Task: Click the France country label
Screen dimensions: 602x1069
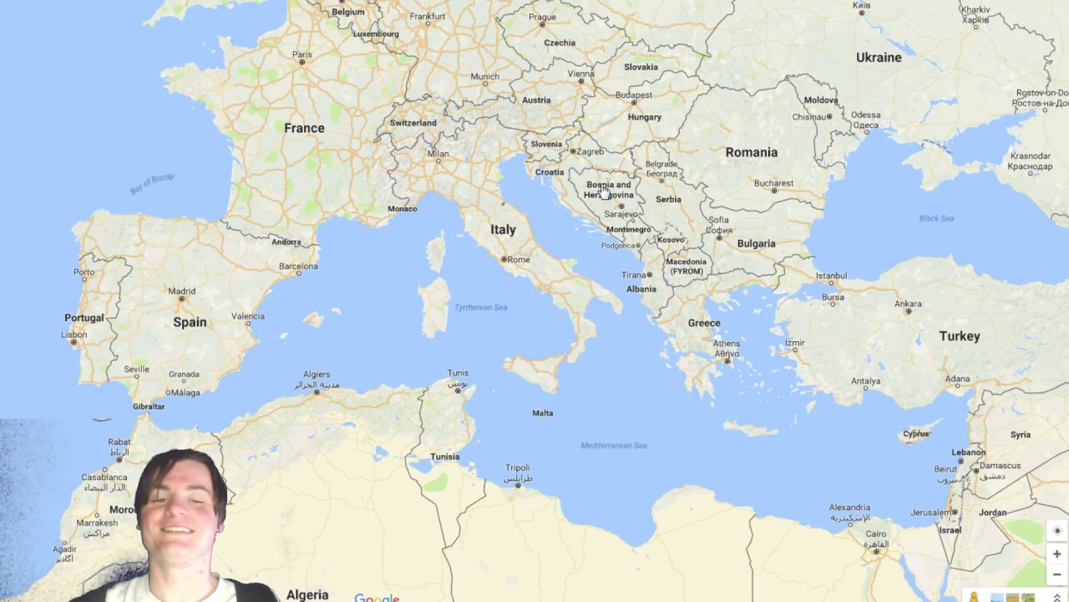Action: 304,128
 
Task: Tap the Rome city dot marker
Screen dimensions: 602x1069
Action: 504,259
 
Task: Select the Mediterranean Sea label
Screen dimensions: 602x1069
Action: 614,446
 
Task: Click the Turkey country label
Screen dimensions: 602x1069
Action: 959,336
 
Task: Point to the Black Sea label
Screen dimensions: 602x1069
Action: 936,218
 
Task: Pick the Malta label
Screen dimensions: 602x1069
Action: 543,413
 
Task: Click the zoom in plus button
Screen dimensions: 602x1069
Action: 1056,554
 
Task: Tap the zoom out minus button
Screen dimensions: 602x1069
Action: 1056,574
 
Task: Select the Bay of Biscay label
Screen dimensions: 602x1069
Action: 152,184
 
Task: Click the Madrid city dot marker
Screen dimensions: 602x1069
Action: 181,299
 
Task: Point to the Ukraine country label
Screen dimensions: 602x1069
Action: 879,58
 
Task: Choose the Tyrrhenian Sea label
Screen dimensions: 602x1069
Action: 480,308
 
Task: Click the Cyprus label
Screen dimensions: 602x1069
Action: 916,434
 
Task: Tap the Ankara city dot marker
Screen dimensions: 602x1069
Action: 908,313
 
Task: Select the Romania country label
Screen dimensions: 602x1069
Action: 751,152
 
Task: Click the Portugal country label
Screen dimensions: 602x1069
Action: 84,318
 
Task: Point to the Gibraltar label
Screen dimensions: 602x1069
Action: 149,406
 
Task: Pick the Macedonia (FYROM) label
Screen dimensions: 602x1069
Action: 686,266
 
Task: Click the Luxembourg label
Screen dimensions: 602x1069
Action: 376,34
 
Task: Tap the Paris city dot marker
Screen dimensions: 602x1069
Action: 301,63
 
